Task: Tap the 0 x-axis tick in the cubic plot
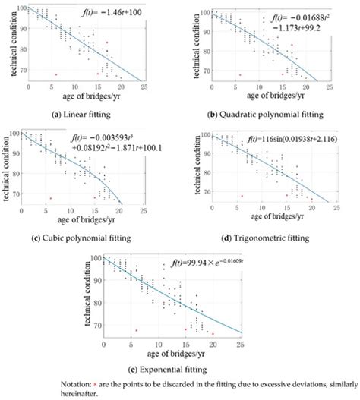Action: [28, 210]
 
